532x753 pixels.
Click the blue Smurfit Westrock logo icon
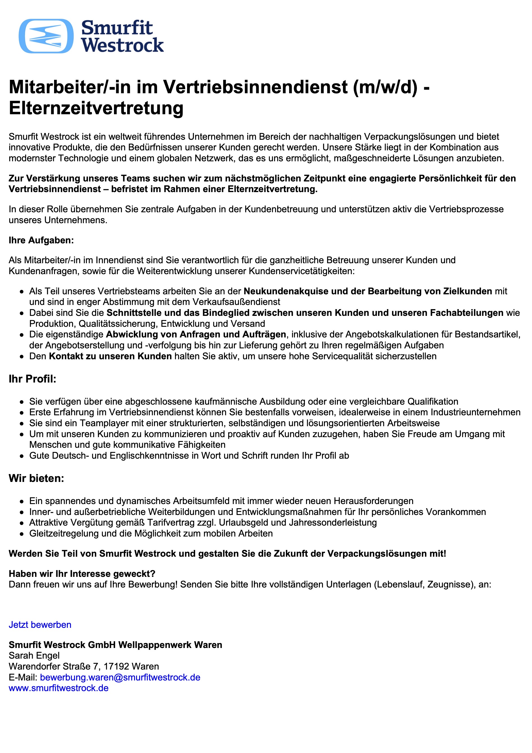(46, 36)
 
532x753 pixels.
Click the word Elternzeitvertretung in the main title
(96, 108)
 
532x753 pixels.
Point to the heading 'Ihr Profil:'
(32, 379)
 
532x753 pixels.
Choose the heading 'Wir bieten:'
(36, 478)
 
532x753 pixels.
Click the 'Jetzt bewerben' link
(40, 625)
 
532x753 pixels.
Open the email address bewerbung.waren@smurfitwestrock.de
(120, 677)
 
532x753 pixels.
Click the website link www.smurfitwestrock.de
(59, 688)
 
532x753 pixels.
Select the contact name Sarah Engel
(34, 656)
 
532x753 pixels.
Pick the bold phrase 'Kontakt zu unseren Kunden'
(110, 356)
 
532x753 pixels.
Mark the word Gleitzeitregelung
(64, 533)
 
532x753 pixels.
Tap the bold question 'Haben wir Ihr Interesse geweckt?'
(82, 574)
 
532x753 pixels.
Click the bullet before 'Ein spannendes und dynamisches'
(21, 502)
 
